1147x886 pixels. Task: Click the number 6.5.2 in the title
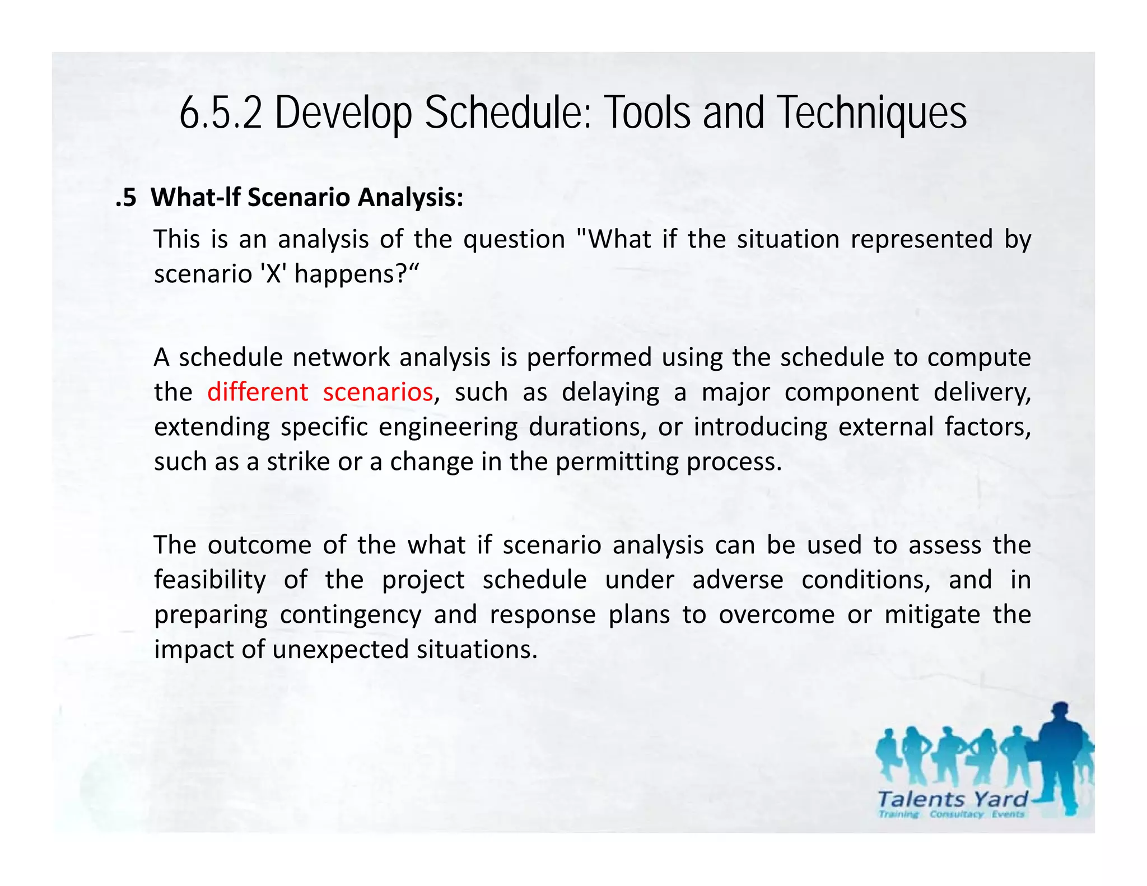click(221, 113)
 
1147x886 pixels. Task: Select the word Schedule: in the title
click(508, 113)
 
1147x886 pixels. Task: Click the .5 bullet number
click(126, 198)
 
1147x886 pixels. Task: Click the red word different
click(257, 392)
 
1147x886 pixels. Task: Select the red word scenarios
click(378, 392)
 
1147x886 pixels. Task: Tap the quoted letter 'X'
click(273, 274)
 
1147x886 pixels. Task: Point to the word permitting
click(617, 462)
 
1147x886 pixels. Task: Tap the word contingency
click(351, 615)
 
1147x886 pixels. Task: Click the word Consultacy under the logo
click(956, 814)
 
